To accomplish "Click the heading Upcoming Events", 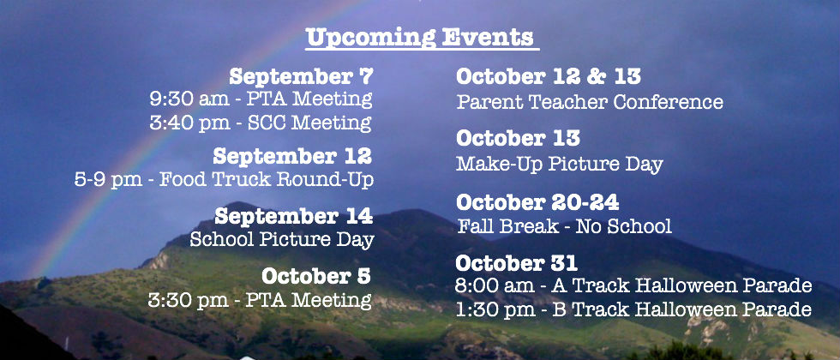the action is pos(422,38).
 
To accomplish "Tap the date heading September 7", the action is pos(301,76).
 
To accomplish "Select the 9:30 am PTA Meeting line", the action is pos(261,99).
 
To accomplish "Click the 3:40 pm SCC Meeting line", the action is pos(261,123).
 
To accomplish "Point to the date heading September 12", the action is pos(292,156).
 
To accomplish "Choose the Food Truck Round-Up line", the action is pos(224,179).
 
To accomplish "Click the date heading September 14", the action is pos(293,216).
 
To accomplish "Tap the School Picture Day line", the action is pos(282,239).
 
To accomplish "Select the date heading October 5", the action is pos(316,276).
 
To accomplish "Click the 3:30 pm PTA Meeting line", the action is pos(260,299).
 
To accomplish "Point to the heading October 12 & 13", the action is pos(549,76).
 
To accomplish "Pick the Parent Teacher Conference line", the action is pos(590,101).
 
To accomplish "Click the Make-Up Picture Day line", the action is pos(560,164).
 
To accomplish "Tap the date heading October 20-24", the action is pos(538,202).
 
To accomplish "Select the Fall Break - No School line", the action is pos(565,226).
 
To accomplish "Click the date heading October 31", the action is pos(516,263).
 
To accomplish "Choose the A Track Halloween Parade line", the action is pos(633,285).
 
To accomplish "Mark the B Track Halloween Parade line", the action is pos(633,309).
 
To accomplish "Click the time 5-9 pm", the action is pos(109,180).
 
